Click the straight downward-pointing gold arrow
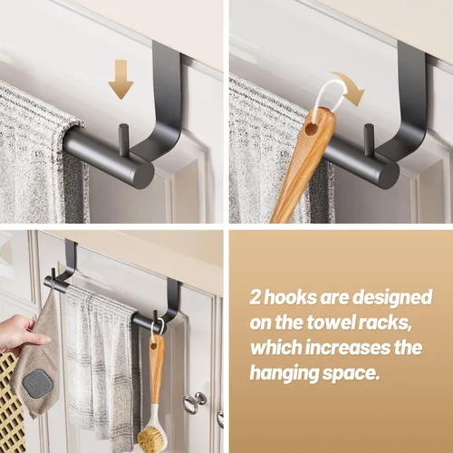click(x=120, y=80)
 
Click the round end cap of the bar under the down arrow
click(x=142, y=176)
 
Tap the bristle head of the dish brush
click(x=151, y=436)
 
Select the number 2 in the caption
click(x=256, y=298)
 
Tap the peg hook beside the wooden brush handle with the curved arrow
click(x=369, y=136)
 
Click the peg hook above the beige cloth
click(x=53, y=277)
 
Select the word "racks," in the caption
click(x=386, y=323)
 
